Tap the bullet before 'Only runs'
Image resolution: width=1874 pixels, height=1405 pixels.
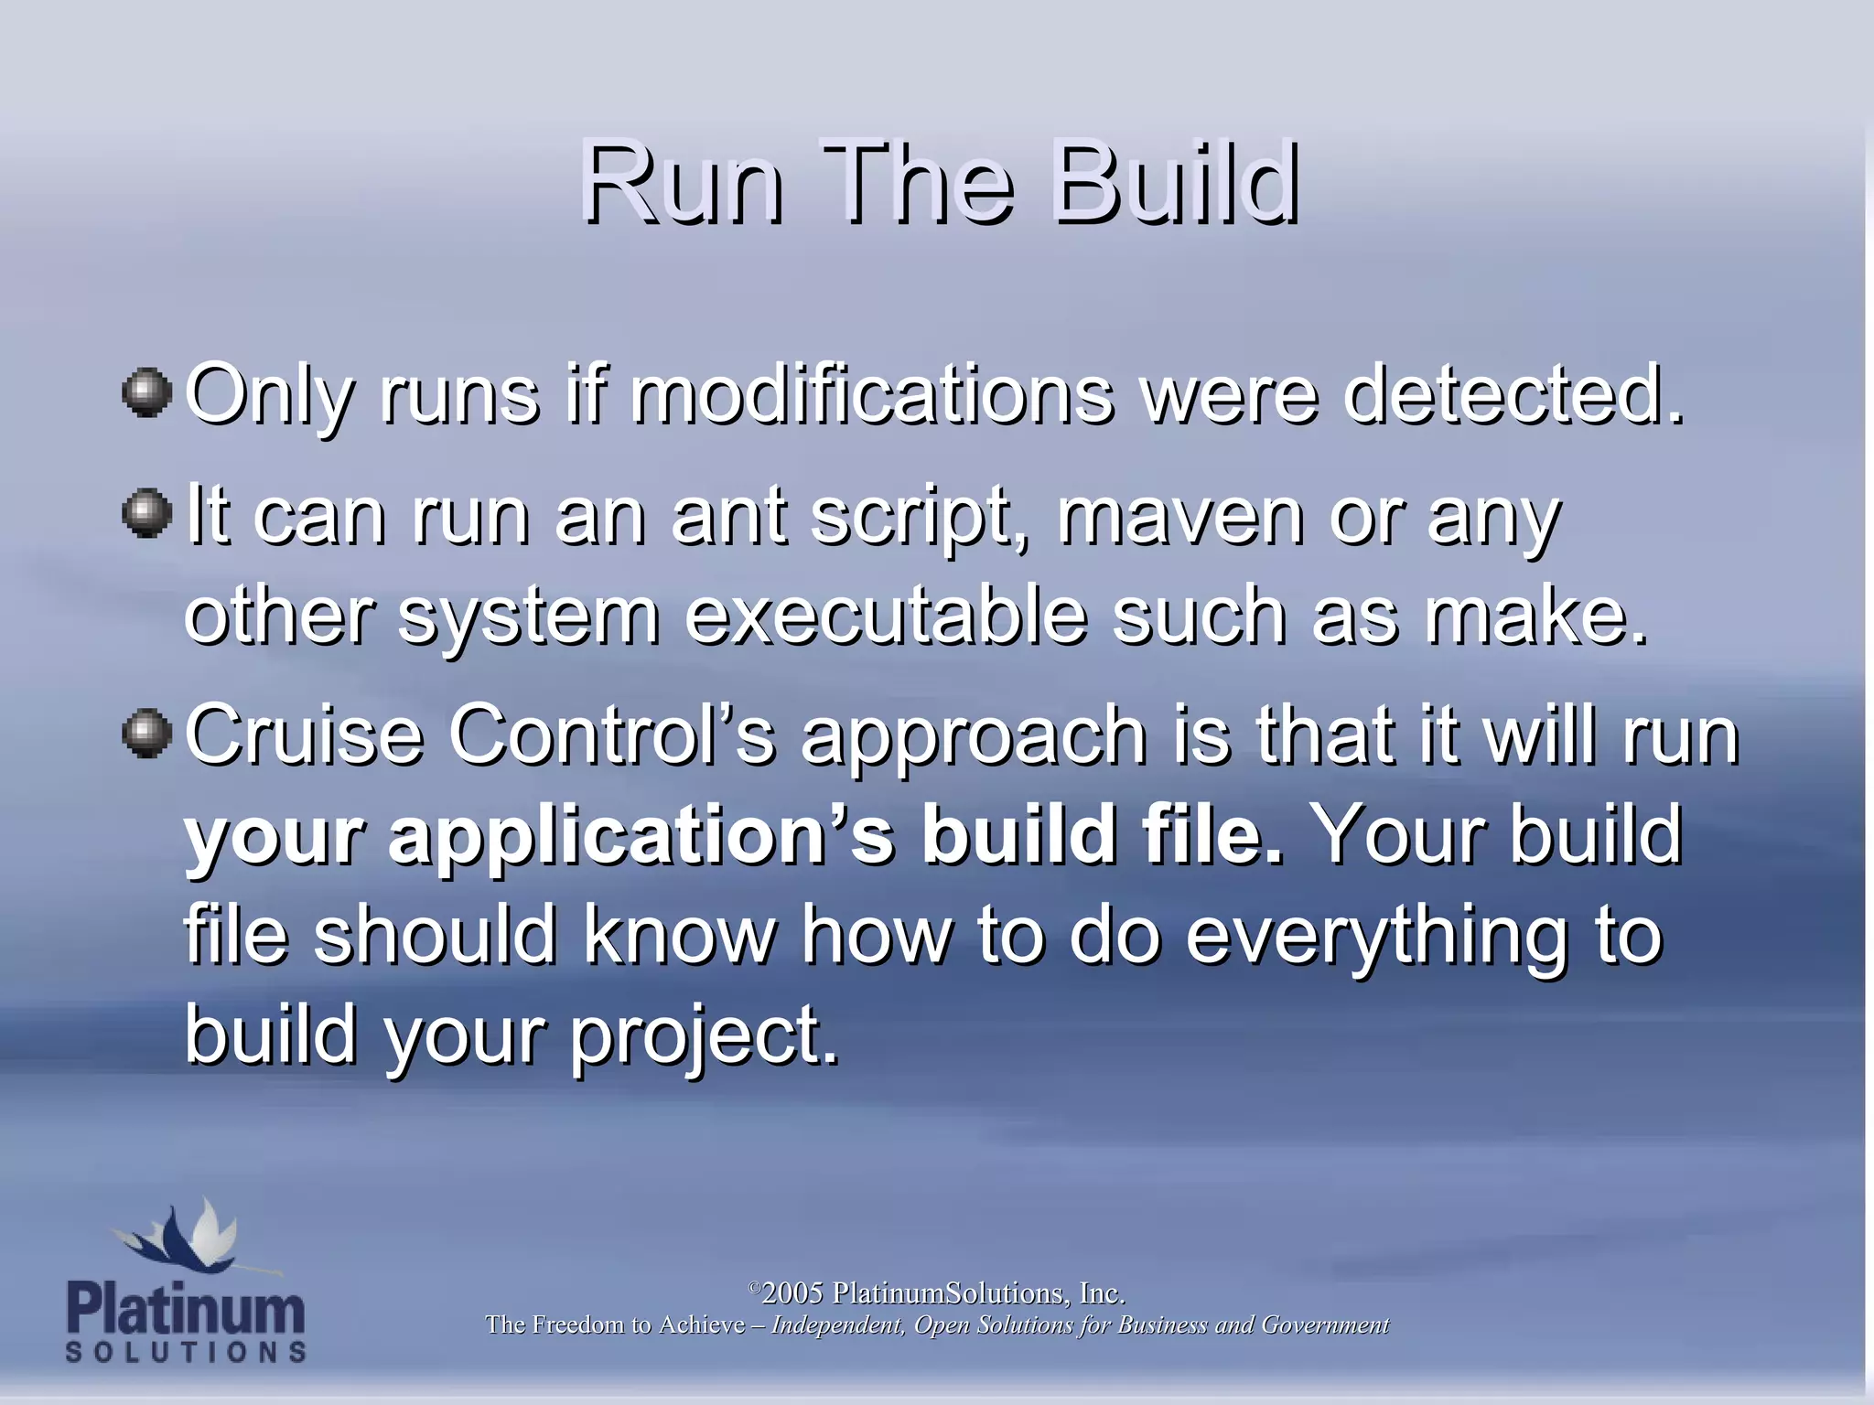tap(146, 393)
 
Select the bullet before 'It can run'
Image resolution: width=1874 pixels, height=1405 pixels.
tap(146, 514)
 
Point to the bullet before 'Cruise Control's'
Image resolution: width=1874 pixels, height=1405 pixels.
tap(146, 733)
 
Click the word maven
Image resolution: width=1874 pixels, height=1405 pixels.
tap(1181, 517)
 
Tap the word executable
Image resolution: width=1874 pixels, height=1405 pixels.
tap(886, 615)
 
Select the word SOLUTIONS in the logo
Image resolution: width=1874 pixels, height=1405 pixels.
tap(186, 1352)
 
